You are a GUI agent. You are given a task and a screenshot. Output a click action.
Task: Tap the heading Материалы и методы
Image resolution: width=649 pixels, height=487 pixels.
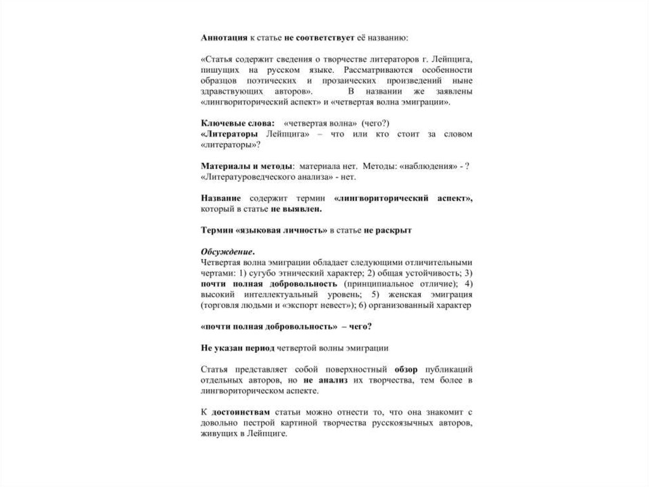pos(247,166)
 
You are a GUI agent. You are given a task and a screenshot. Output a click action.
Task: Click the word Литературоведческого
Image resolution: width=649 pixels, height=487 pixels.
pos(246,177)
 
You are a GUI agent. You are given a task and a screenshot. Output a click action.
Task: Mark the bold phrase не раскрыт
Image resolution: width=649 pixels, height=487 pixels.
pos(387,231)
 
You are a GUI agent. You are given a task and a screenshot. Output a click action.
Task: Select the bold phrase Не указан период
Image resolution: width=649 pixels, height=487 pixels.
pos(235,348)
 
